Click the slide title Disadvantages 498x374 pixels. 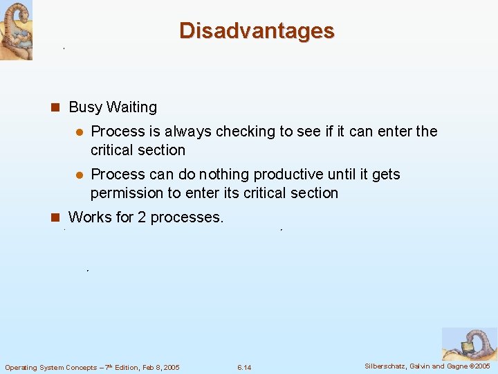click(x=257, y=31)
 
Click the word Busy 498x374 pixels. click(x=86, y=107)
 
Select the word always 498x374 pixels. click(x=188, y=132)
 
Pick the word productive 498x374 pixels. click(x=295, y=175)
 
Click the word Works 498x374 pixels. click(x=89, y=217)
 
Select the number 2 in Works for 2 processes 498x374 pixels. click(x=141, y=217)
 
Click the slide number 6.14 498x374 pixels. click(x=243, y=367)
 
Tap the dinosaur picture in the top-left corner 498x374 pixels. click(x=16, y=30)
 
